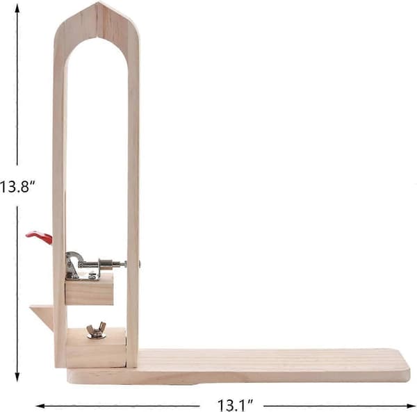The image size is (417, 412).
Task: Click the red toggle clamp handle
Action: (x=40, y=237)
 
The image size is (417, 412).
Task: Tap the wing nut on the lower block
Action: (x=96, y=331)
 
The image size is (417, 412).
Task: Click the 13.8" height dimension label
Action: (x=17, y=186)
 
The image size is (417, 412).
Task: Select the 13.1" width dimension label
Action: (x=236, y=405)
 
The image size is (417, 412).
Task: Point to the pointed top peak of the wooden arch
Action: (x=98, y=3)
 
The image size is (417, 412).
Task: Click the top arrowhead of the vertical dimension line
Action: (x=17, y=8)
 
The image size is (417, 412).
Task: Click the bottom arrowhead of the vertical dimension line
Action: (x=17, y=377)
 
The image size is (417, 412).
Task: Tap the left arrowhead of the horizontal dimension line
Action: (x=40, y=406)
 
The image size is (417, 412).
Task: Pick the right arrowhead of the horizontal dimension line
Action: (x=411, y=406)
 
